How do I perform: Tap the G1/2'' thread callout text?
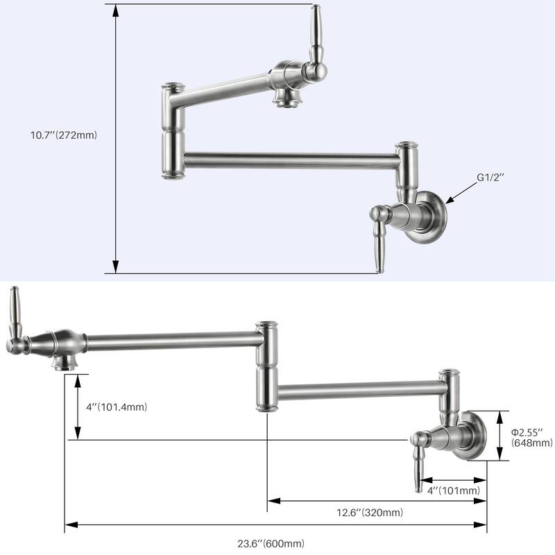pyautogui.click(x=490, y=178)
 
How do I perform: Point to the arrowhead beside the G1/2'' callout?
pyautogui.click(x=450, y=200)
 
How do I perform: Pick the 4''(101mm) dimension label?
pyautogui.click(x=454, y=490)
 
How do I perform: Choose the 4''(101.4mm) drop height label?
pyautogui.click(x=114, y=407)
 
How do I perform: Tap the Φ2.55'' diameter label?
pyautogui.click(x=531, y=432)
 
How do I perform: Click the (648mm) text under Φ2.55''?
pyautogui.click(x=531, y=443)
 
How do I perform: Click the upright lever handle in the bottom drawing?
pyautogui.click(x=14, y=316)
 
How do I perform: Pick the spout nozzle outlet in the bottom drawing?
pyautogui.click(x=67, y=364)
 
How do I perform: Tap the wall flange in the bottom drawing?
pyautogui.click(x=475, y=436)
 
